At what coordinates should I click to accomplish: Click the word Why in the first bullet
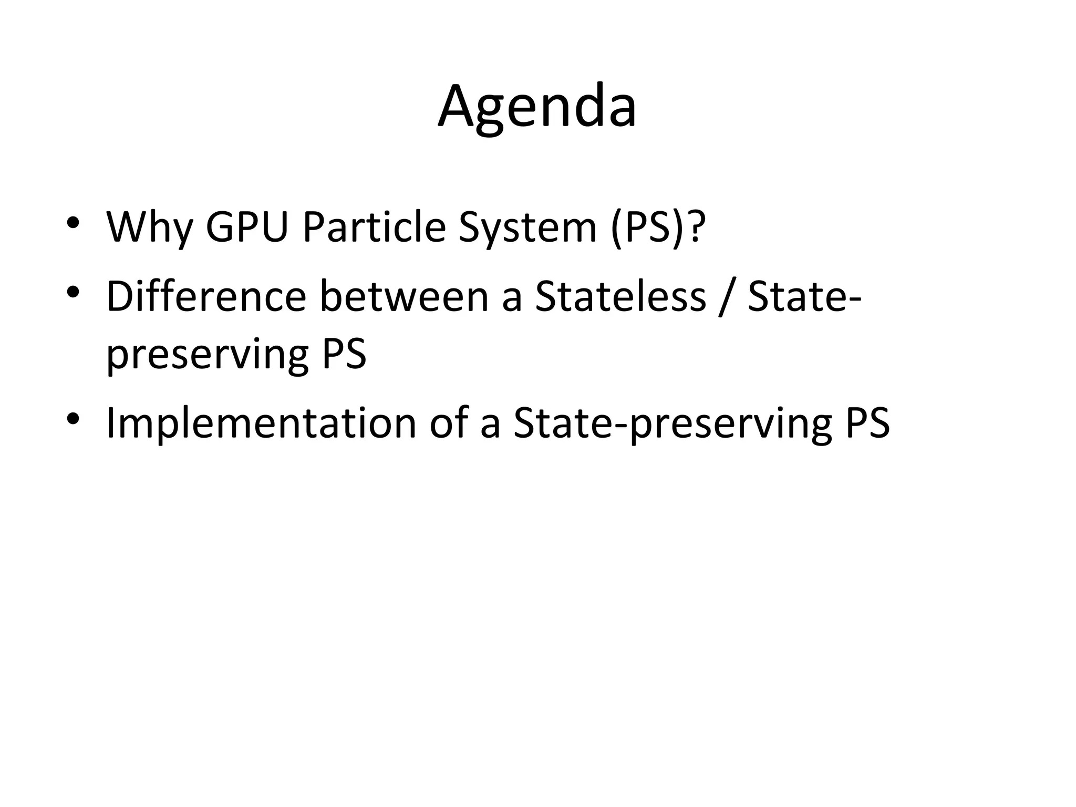click(149, 227)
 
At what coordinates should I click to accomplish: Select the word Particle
click(374, 227)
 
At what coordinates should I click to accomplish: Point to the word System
click(527, 227)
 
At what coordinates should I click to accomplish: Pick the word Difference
click(206, 297)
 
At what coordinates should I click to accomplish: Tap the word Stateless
click(620, 297)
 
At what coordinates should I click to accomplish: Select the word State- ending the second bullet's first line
click(804, 297)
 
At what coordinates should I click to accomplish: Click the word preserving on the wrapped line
click(207, 355)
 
